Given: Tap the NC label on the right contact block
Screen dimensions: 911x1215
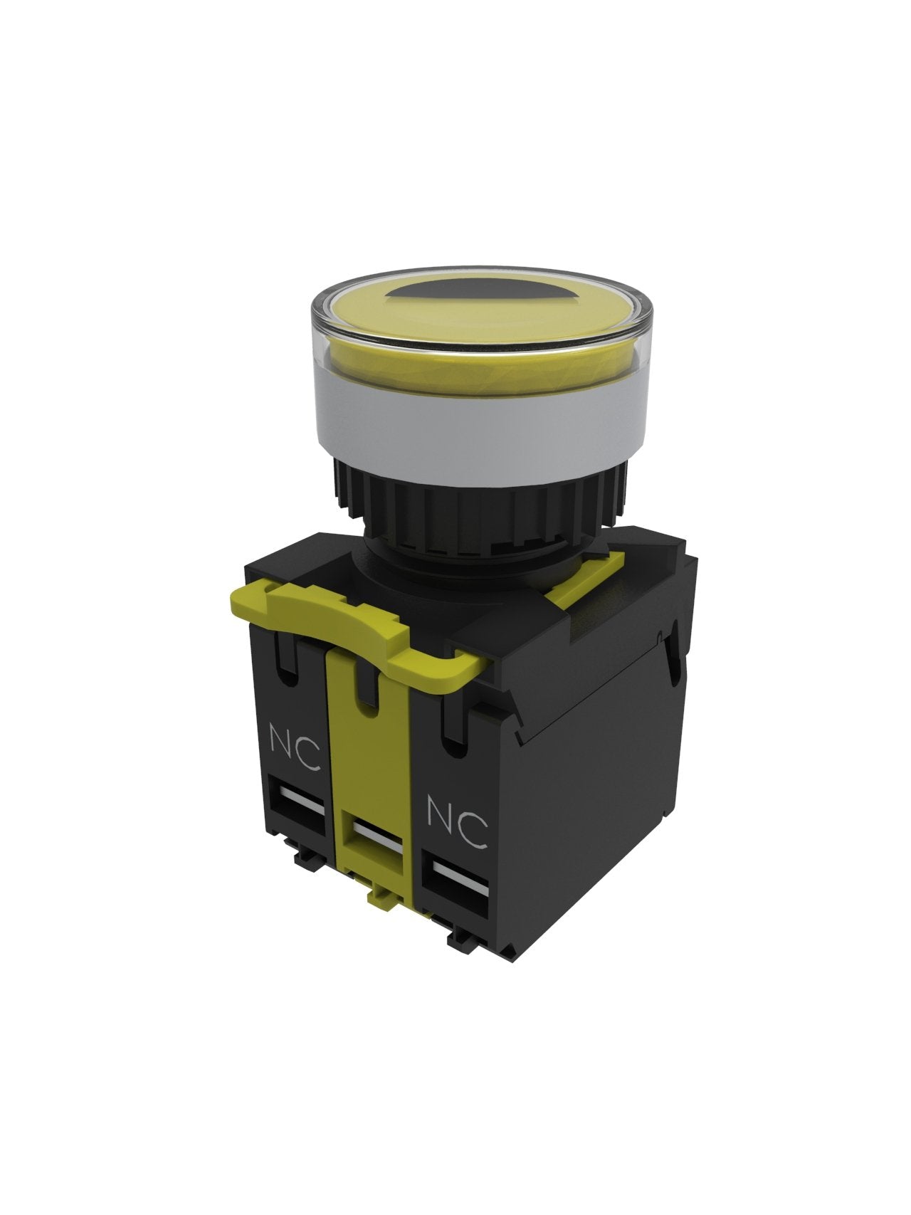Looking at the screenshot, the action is [458, 822].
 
